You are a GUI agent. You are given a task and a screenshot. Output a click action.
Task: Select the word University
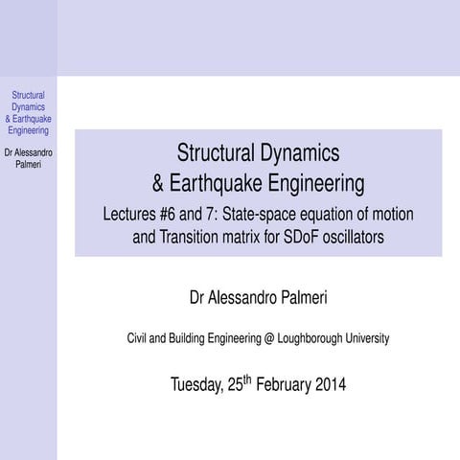click(366, 338)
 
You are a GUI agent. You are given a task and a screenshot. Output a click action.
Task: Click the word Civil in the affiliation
click(139, 338)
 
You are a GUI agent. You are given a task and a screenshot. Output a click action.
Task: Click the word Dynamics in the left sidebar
click(28, 107)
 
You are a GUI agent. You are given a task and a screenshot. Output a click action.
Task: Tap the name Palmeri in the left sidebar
click(28, 163)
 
